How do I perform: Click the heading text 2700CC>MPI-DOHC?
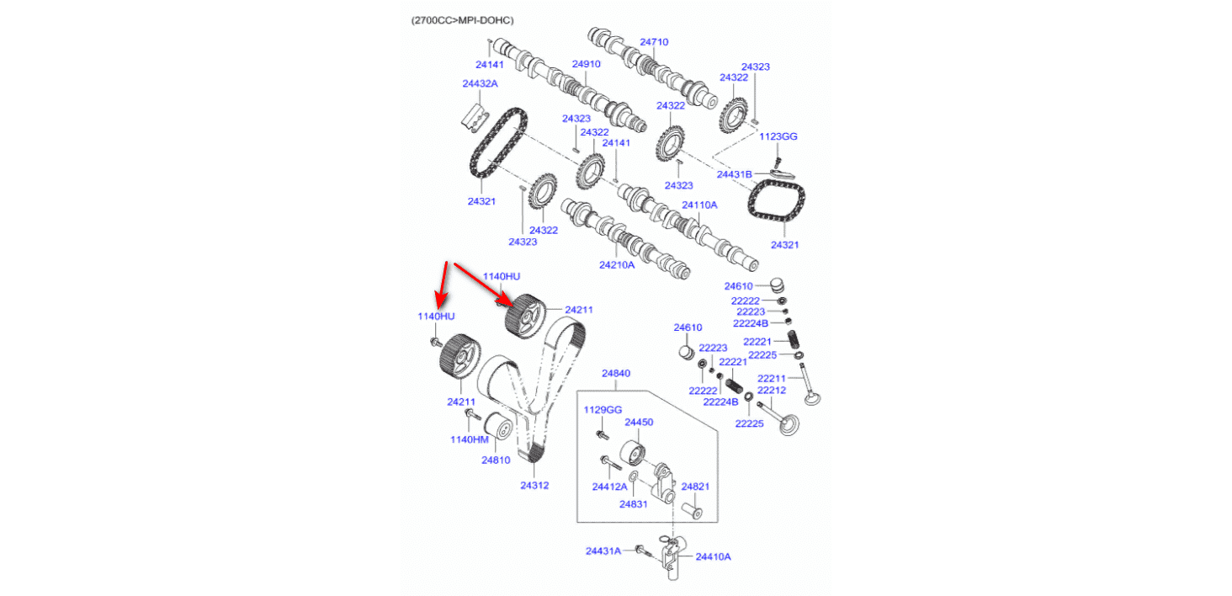[462, 19]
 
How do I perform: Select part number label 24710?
[654, 41]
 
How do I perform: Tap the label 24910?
[586, 64]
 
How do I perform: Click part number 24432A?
[480, 83]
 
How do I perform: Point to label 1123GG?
[778, 136]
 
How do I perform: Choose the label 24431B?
[734, 174]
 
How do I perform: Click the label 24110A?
[699, 205]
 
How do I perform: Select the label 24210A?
[617, 264]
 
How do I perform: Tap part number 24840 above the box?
[615, 373]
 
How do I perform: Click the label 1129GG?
[603, 410]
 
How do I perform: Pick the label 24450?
[639, 422]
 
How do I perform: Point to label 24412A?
[609, 487]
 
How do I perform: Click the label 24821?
[695, 487]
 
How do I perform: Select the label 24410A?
[713, 556]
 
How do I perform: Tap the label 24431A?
[603, 551]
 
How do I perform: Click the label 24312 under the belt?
[534, 485]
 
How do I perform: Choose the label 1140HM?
[469, 439]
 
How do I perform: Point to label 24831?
[633, 503]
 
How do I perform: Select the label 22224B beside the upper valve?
[751, 323]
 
